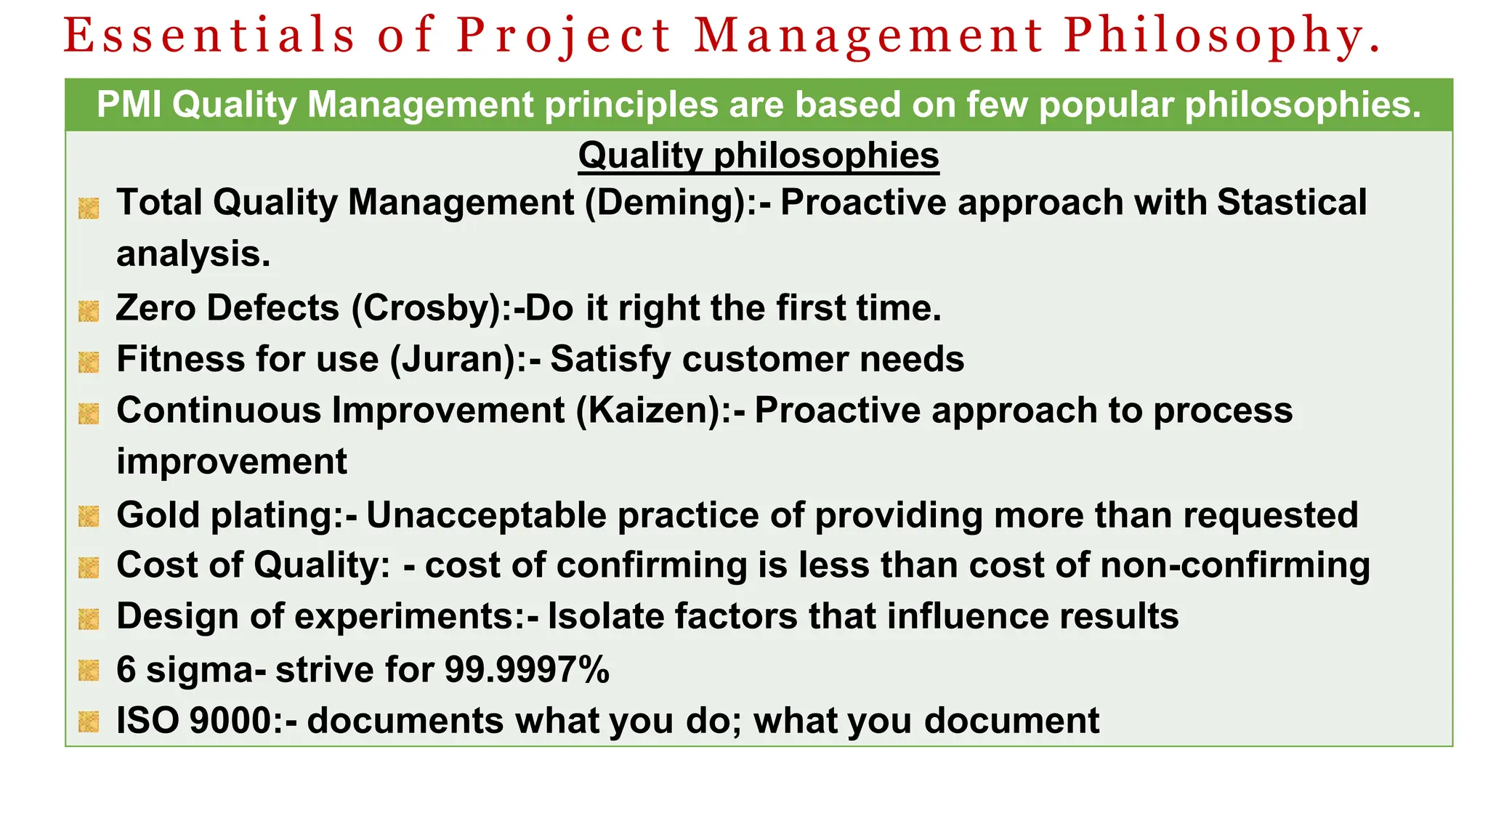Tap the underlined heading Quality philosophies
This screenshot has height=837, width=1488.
click(x=759, y=155)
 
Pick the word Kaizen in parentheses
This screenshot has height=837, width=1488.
click(x=652, y=411)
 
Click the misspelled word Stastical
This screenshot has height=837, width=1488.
click(x=1291, y=203)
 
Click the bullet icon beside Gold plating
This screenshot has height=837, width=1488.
click(x=89, y=517)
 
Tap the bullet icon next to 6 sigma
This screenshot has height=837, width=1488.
click(x=89, y=671)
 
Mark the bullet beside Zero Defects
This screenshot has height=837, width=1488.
click(x=89, y=311)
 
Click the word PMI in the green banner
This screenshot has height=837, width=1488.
click(x=129, y=105)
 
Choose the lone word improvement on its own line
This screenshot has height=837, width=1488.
click(x=231, y=462)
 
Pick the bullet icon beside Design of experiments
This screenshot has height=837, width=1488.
click(x=89, y=619)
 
